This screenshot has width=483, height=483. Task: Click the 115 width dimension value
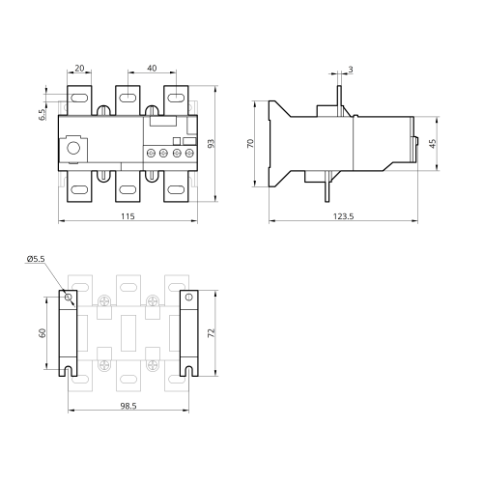coord(128,216)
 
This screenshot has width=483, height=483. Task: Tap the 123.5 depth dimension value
coord(343,216)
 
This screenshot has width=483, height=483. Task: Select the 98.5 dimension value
coord(128,406)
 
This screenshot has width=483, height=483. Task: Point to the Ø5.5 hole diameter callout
coord(36,259)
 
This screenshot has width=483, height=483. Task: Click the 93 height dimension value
coord(211,144)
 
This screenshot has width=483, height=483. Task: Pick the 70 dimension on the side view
coord(250,143)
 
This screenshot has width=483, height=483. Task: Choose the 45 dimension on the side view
coord(433,144)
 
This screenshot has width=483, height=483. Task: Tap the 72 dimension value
coord(211,333)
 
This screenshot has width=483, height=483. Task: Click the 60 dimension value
coord(43,333)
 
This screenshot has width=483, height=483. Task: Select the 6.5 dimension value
coord(43,115)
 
